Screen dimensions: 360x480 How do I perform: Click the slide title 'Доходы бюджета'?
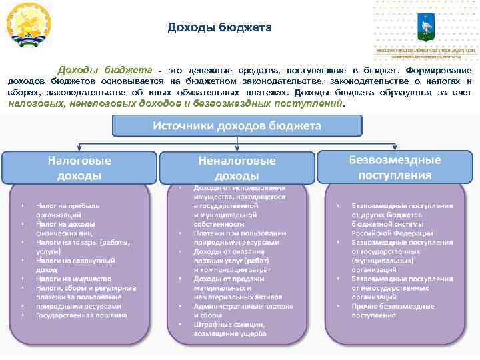point(219,27)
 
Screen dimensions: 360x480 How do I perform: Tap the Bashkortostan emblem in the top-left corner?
point(29,26)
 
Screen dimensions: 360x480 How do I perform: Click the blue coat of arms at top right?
point(425,26)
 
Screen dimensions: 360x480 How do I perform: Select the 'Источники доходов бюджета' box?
point(237,126)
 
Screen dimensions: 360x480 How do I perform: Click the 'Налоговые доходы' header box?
point(79,168)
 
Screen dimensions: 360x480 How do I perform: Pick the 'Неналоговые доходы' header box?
point(237,169)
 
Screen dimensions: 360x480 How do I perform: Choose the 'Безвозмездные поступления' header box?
point(395,167)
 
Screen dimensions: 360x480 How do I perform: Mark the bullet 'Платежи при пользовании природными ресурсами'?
point(239,238)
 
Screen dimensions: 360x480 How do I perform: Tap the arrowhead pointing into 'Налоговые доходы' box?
point(79,150)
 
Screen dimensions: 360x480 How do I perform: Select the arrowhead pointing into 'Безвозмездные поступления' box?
point(395,148)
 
